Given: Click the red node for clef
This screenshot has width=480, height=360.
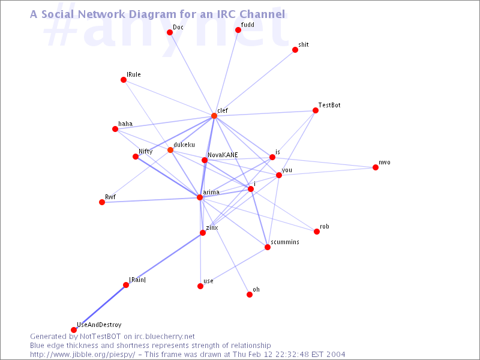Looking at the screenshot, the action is [x=214, y=116].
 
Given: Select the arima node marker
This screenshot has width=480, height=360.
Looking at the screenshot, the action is [x=200, y=197].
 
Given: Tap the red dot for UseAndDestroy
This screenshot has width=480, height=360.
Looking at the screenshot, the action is [x=74, y=329].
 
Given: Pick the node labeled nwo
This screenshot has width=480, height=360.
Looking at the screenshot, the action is [x=376, y=167].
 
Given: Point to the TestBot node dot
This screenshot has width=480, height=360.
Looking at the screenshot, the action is [x=316, y=110].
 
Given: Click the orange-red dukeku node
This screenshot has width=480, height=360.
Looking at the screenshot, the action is [x=170, y=150].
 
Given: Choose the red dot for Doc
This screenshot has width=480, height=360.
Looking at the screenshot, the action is [x=170, y=32].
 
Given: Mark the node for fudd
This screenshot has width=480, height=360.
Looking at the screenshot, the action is [x=238, y=29].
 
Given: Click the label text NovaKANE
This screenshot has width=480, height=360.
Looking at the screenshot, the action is [x=223, y=155].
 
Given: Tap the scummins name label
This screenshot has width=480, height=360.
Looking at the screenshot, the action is [x=285, y=242].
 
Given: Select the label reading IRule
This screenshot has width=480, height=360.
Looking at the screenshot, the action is [x=133, y=74].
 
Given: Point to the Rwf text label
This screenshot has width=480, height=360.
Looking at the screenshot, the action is [x=110, y=197].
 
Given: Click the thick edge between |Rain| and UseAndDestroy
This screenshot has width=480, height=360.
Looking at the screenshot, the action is [x=100, y=307].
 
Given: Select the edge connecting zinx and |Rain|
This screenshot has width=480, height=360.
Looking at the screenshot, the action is [x=164, y=259].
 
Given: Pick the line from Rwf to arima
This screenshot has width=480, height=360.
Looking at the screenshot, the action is [x=151, y=200].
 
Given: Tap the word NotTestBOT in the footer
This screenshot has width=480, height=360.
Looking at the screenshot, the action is [x=100, y=337].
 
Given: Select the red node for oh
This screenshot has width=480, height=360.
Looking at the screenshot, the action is [x=250, y=295].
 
